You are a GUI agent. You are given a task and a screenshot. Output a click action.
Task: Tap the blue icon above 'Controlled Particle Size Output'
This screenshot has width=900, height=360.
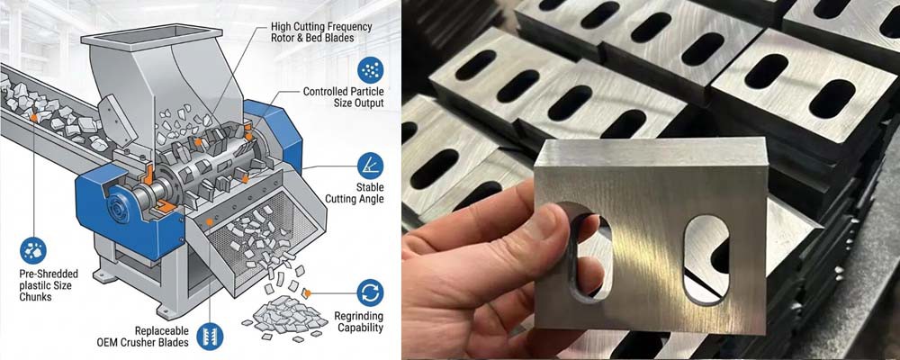coord(368,69)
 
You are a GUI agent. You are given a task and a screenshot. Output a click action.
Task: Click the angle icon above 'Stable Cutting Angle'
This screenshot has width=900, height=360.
coord(370,165)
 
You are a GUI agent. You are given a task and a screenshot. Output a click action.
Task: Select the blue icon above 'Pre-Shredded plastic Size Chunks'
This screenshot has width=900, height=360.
coord(33,250)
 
